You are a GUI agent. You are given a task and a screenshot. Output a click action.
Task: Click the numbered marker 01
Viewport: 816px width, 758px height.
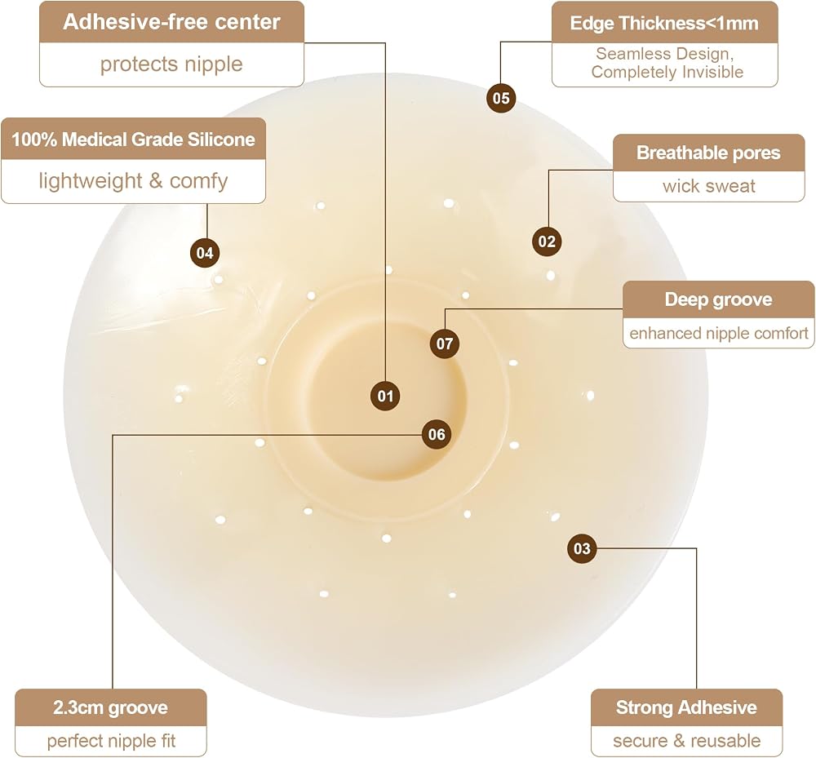(x=385, y=396)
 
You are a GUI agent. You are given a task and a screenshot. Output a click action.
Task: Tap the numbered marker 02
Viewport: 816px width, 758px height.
(x=547, y=242)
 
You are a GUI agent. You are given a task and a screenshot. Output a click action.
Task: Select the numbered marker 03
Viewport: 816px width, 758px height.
(x=582, y=548)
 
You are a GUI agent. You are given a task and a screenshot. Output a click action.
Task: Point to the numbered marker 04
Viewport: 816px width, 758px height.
(x=205, y=253)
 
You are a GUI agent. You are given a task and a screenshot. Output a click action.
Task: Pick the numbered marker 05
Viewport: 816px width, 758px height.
(x=501, y=98)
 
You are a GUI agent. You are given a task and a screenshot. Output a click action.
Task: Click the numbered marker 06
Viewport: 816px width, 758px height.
(x=437, y=434)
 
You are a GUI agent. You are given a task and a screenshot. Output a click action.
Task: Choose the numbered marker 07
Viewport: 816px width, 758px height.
(x=445, y=344)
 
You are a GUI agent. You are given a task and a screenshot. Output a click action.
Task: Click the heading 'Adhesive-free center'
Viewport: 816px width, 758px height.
(x=171, y=22)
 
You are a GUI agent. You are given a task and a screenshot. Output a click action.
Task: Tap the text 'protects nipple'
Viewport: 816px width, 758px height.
(x=171, y=64)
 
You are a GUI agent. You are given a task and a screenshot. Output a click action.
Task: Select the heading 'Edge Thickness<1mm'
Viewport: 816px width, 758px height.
(x=664, y=24)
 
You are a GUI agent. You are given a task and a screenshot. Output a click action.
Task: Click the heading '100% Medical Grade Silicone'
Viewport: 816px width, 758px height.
(x=133, y=140)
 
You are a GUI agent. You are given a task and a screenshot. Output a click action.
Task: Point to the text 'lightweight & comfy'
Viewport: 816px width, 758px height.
(x=133, y=181)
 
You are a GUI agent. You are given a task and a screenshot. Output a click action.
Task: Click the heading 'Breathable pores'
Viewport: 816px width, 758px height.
(x=708, y=153)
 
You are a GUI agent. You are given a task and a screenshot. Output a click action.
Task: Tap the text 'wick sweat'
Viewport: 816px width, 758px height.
(x=709, y=186)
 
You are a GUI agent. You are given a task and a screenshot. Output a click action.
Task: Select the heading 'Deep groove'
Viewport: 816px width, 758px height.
(x=718, y=299)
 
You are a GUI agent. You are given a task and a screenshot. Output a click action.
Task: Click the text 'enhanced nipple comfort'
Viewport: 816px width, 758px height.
(x=719, y=333)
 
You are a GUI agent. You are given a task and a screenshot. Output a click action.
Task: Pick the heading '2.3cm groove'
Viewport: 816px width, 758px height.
(x=110, y=707)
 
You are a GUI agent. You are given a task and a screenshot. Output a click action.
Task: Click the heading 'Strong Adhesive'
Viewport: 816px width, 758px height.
(x=686, y=707)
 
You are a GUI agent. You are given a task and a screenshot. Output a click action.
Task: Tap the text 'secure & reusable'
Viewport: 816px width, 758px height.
(x=686, y=741)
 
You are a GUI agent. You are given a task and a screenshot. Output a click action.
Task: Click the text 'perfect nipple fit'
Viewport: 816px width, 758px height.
(x=111, y=741)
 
